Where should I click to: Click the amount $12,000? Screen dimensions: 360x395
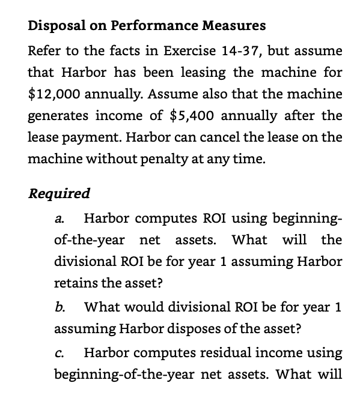54,94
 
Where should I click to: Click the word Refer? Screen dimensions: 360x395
44,50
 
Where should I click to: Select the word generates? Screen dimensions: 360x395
56,115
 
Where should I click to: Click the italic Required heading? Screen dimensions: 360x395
59,193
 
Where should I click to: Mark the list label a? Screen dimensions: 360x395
59,219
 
